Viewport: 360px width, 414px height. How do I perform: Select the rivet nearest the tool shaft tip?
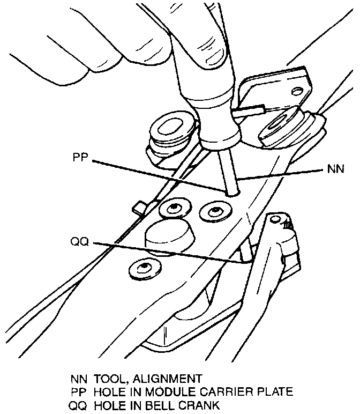pos(215,211)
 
